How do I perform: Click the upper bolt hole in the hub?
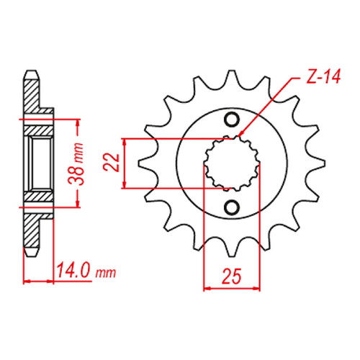[x=231, y=120]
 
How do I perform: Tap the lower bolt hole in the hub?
[x=231, y=207]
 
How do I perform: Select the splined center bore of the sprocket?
[x=231, y=163]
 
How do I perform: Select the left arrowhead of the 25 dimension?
[x=207, y=287]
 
